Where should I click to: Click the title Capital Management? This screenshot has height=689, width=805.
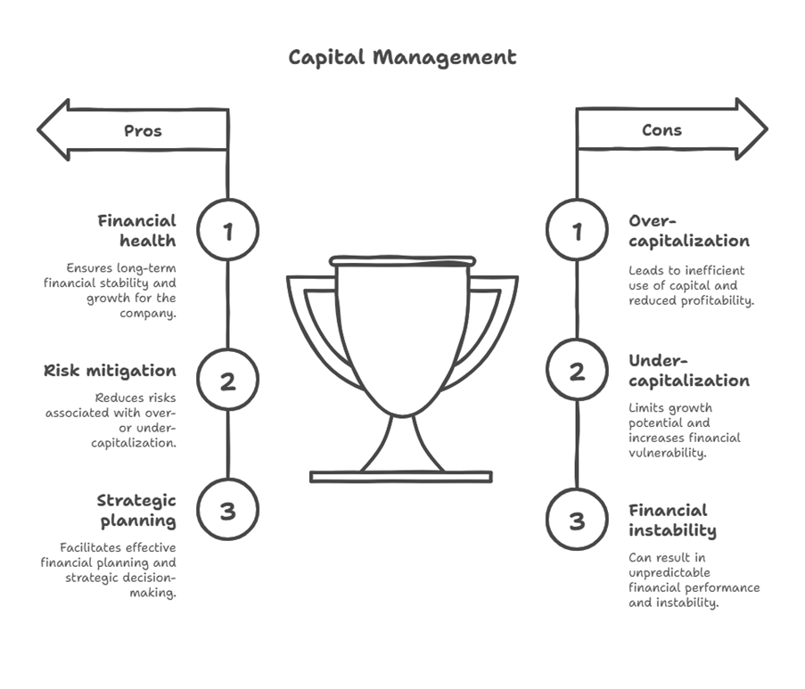pos(402,57)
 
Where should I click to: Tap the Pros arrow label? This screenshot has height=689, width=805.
pos(143,130)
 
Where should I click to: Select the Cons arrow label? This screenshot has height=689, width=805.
pos(661,130)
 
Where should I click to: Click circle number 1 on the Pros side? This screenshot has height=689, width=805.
pos(227,231)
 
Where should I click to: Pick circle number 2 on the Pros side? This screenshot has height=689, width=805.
pos(227,381)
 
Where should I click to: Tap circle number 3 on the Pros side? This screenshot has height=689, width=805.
pos(227,510)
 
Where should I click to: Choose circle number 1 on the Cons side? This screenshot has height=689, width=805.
pos(577,231)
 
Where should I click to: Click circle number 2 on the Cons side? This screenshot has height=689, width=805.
pos(577,370)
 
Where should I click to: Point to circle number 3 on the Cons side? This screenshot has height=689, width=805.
pos(577,520)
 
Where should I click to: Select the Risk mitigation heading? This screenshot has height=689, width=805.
pos(110,371)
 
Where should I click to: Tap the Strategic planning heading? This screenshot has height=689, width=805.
pos(136,510)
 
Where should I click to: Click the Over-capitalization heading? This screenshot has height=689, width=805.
pos(688,230)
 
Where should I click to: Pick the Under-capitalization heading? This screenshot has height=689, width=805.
pos(688,370)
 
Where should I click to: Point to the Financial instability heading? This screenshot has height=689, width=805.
pos(672,520)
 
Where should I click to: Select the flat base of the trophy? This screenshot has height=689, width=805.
pos(400,477)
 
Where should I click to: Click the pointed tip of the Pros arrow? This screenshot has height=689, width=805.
pos(40,130)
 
